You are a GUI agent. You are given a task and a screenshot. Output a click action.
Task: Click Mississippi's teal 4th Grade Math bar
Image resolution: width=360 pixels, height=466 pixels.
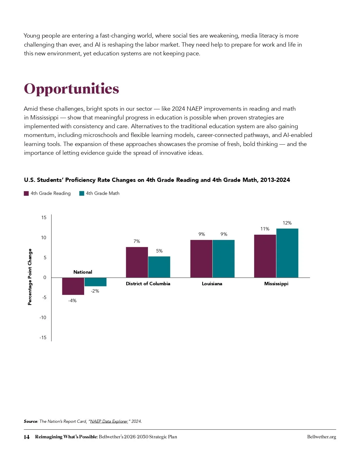(287, 253)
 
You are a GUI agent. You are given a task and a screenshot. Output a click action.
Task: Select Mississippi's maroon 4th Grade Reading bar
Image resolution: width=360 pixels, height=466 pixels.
(265, 256)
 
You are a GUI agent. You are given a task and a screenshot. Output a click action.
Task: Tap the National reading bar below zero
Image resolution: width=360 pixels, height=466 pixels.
(73, 286)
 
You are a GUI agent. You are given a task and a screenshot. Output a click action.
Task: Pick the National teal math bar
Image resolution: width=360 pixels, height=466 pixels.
(95, 282)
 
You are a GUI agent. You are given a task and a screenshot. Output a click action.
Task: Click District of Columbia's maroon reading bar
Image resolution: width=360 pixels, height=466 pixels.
(137, 262)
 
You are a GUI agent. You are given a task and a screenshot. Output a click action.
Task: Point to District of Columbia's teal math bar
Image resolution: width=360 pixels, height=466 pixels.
(159, 267)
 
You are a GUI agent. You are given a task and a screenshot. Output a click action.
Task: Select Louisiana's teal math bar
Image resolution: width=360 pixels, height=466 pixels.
(224, 259)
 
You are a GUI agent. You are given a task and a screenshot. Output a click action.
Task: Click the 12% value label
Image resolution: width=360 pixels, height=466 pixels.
(287, 223)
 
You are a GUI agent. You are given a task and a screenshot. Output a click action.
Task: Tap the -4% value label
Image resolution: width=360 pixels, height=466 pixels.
(72, 301)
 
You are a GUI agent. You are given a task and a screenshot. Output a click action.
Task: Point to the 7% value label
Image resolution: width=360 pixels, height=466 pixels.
(137, 241)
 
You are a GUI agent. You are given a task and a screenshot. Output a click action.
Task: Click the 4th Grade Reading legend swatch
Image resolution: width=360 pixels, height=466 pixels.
(26, 193)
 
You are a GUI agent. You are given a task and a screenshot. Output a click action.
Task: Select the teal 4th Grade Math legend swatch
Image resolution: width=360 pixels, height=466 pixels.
(82, 193)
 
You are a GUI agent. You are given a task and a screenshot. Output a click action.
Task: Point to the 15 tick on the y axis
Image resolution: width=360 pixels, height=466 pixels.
(44, 217)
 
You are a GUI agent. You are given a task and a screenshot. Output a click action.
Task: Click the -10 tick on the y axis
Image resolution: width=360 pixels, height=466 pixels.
(43, 318)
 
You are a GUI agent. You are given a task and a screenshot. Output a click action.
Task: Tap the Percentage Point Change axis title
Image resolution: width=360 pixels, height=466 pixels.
(30, 277)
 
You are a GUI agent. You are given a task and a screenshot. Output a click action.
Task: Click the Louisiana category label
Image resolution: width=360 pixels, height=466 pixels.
(212, 284)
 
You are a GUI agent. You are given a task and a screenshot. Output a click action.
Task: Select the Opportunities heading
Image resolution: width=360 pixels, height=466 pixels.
(71, 89)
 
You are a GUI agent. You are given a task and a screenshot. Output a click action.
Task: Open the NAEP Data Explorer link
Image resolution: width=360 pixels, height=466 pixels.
(109, 421)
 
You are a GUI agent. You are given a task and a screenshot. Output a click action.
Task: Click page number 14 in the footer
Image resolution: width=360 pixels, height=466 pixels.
(27, 437)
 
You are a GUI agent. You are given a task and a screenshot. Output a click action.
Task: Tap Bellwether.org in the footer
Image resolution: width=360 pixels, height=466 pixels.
(322, 437)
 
